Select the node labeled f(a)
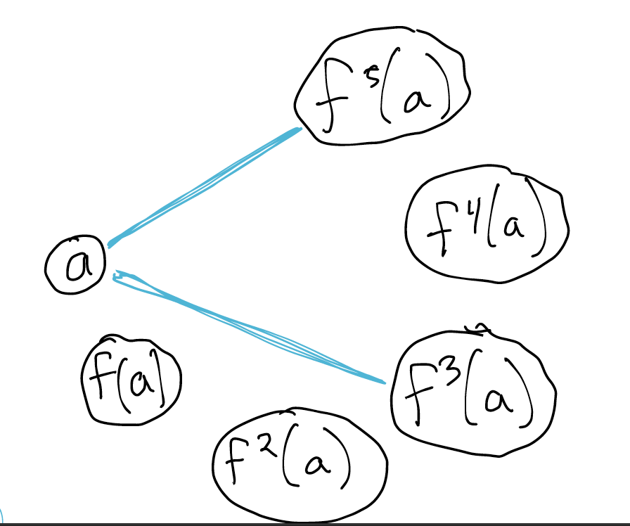130,380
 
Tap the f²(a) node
300,461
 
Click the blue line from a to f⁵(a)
204,186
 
